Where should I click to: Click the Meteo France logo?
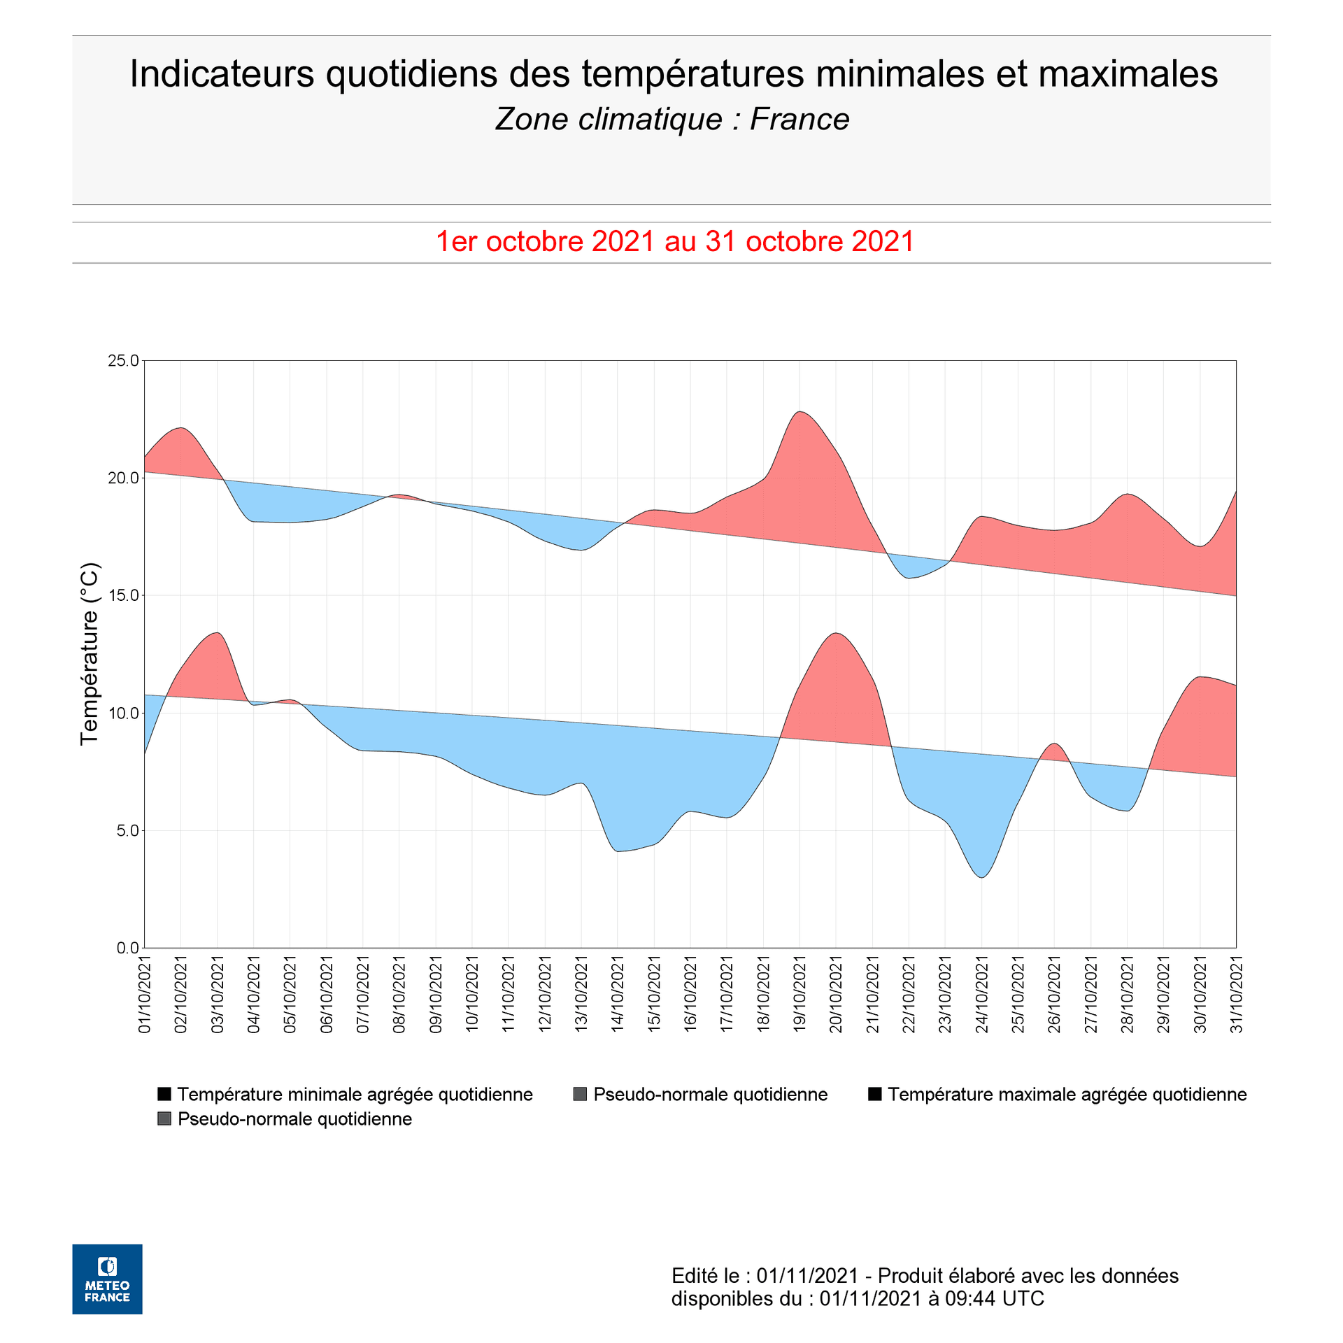tap(107, 1279)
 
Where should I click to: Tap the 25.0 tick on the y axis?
tap(123, 361)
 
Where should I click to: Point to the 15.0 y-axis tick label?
tap(123, 595)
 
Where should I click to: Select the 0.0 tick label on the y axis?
tap(127, 948)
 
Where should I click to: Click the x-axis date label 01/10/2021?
tap(145, 995)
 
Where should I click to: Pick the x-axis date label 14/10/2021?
tap(618, 995)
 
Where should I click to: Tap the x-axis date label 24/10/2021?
tap(981, 995)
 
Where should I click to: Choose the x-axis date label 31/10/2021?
tap(1236, 995)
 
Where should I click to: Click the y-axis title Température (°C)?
tap(90, 654)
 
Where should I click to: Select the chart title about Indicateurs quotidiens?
tap(674, 74)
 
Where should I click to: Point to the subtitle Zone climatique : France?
tap(672, 120)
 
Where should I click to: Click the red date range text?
tap(675, 241)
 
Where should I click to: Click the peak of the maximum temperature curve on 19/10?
tap(800, 411)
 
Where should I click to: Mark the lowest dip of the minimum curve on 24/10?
tap(983, 877)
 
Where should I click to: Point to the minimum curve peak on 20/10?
tap(836, 633)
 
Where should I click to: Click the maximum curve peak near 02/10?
tap(180, 427)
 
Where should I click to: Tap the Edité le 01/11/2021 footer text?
tap(925, 1287)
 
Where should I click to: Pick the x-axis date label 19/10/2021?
tap(800, 995)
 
